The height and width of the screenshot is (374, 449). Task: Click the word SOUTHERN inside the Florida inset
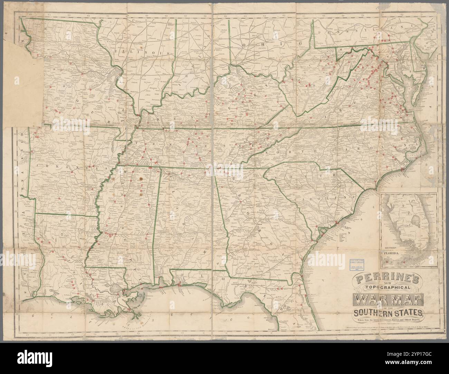(391, 247)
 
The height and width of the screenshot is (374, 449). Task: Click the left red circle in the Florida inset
(387, 261)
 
